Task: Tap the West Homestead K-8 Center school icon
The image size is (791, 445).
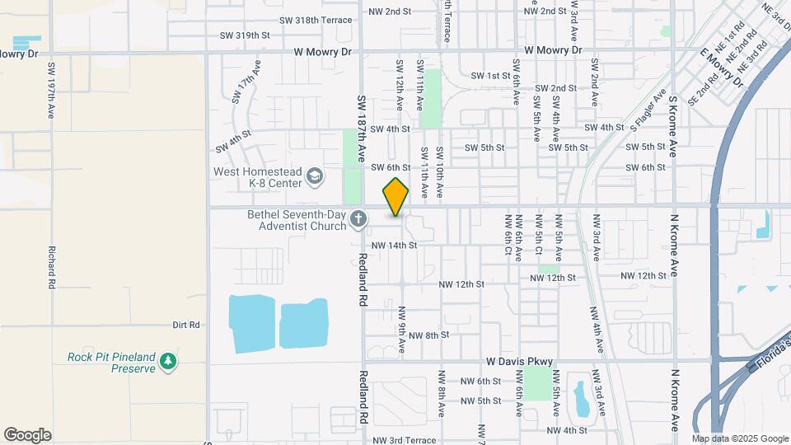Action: pos(314,176)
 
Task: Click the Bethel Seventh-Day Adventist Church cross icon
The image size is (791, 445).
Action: pos(358,219)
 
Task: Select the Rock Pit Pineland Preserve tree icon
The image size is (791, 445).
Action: pos(168,361)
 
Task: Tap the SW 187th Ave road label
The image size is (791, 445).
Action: pos(362,128)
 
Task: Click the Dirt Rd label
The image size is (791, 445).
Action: pos(186,325)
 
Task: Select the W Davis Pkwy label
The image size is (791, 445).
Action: pos(519,361)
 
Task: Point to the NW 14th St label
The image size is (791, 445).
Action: pos(395,245)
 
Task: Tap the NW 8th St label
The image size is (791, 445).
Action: pos(428,335)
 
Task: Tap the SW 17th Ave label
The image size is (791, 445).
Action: pos(246,82)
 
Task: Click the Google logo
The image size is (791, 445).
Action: pos(27,435)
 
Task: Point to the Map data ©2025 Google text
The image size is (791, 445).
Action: pos(740,438)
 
